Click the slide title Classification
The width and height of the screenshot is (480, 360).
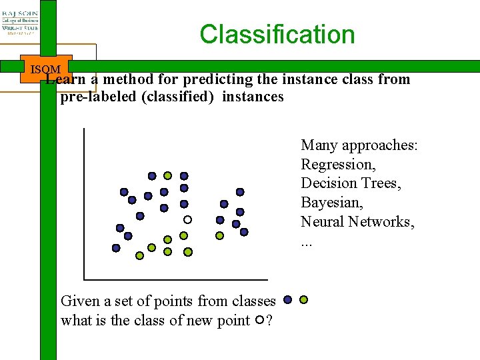coord(277,35)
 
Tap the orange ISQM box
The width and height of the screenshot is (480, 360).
coord(45,69)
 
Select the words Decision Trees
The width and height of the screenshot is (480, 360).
coord(351,183)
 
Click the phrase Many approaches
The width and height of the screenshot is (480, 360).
coord(359,145)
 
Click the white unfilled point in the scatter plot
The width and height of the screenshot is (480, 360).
coord(188,219)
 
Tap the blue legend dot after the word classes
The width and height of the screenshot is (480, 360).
coord(288,300)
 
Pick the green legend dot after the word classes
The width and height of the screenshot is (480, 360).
coord(304,300)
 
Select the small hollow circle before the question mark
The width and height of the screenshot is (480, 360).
coord(259,321)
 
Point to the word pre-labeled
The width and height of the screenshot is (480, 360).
coord(95,97)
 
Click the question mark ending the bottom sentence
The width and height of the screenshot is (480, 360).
coord(268,321)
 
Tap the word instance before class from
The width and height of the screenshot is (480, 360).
coord(309,80)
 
